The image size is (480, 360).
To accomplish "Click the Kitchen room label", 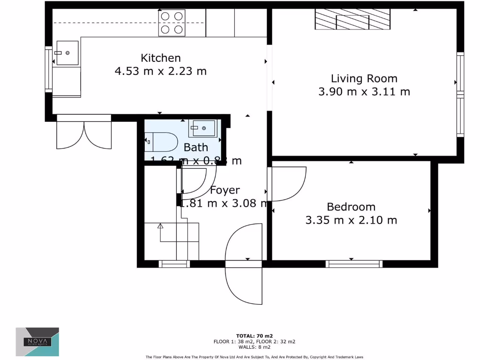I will [x=161, y=58].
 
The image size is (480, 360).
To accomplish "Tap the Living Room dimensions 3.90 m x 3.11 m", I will [x=364, y=92].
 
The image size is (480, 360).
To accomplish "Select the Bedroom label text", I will [x=351, y=207].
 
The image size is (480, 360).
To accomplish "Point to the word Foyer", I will [x=225, y=190].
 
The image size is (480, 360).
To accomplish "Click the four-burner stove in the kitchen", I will [x=172, y=23].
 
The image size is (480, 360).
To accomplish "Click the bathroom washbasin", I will [x=203, y=128].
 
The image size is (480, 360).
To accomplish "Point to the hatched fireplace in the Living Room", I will [x=352, y=20].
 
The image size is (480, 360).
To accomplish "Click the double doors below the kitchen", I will [x=84, y=134].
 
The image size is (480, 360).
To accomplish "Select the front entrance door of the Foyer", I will [x=244, y=265].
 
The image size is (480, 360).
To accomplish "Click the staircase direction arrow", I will [x=160, y=226].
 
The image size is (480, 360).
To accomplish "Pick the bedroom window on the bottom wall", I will [x=354, y=264].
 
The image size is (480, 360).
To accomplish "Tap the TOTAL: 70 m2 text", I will [x=255, y=336].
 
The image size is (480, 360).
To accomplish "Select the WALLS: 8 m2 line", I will [x=255, y=347].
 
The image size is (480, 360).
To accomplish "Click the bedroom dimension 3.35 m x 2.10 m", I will [x=351, y=220].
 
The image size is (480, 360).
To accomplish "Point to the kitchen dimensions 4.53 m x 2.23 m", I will [x=161, y=71].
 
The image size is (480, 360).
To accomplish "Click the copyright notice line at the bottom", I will [x=255, y=357].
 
